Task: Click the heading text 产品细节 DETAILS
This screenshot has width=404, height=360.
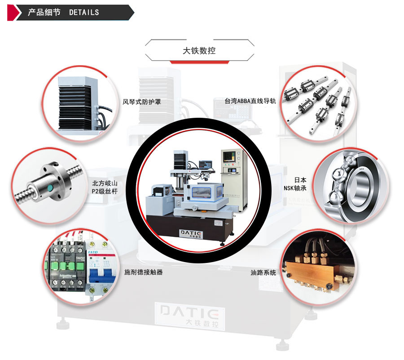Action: point(63,12)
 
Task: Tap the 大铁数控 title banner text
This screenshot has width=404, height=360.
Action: point(199,51)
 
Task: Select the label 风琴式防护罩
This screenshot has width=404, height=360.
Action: point(141,102)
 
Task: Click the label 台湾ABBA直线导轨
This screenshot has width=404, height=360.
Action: point(250,101)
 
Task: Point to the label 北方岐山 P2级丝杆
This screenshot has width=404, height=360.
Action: point(105,187)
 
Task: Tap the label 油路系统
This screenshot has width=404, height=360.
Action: point(263,272)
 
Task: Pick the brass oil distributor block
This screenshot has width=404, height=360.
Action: point(314,271)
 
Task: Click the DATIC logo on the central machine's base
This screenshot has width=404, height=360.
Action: point(191,234)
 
